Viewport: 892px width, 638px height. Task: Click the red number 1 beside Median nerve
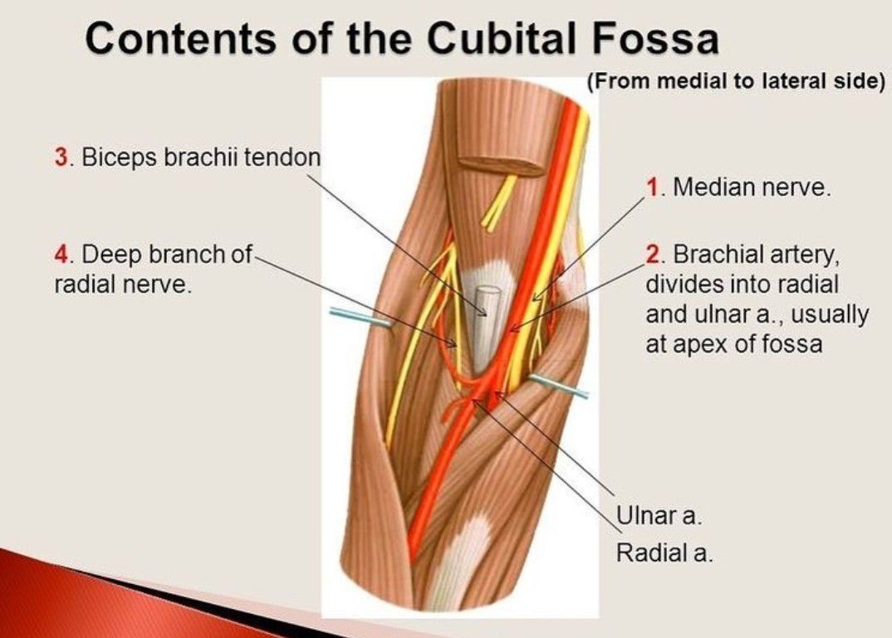pyautogui.click(x=652, y=187)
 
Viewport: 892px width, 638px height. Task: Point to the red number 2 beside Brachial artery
pyautogui.click(x=653, y=254)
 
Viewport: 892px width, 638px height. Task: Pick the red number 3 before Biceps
pyautogui.click(x=61, y=157)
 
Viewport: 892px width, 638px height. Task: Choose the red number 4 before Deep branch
pyautogui.click(x=61, y=254)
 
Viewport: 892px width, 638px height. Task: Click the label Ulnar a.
pyautogui.click(x=659, y=516)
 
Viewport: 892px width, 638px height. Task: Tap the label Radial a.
pyautogui.click(x=664, y=553)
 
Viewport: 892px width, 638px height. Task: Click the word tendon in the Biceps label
pyautogui.click(x=282, y=157)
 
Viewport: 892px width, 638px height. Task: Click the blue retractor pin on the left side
pyautogui.click(x=360, y=317)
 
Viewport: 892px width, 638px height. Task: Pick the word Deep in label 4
pyautogui.click(x=111, y=254)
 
